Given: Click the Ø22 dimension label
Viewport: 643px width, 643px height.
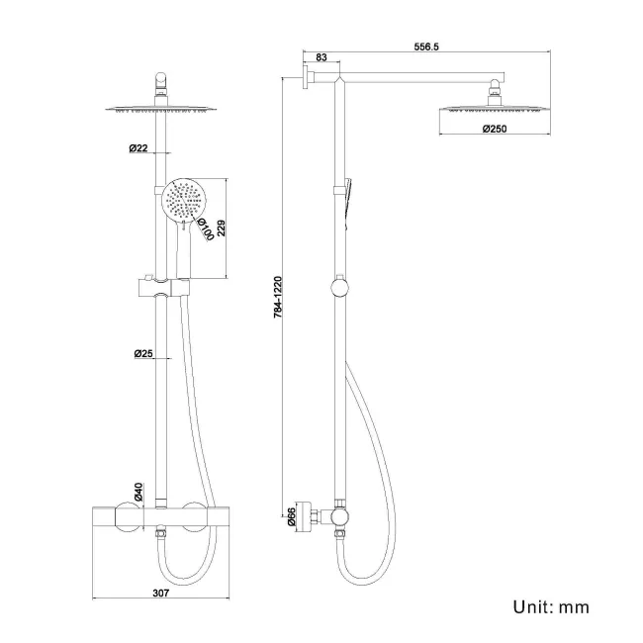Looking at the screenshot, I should [138, 148].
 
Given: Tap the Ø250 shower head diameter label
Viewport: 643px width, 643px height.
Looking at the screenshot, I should [496, 129].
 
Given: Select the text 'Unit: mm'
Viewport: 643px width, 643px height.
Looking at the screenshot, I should [550, 606].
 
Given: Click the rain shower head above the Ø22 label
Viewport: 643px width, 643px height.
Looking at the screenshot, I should [162, 110].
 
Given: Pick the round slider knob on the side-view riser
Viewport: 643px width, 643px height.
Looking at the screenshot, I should [341, 288].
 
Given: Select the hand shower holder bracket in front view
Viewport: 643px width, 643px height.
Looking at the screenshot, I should [161, 289].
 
